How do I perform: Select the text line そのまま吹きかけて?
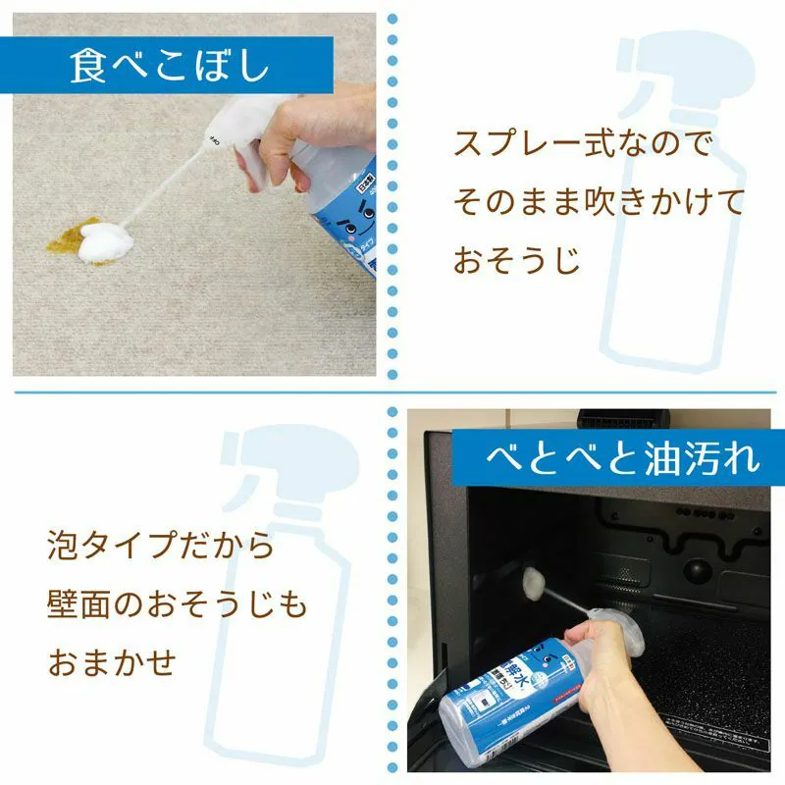click(x=599, y=203)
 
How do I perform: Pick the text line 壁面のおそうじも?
click(x=177, y=603)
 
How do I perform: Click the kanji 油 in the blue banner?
click(x=649, y=457)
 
